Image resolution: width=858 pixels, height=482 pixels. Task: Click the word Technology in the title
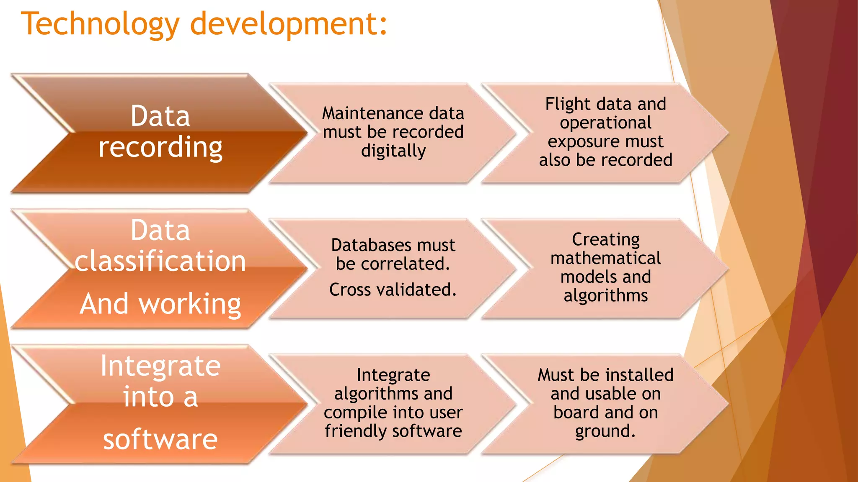tap(101, 24)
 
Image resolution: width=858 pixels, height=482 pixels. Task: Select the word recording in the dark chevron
tap(160, 147)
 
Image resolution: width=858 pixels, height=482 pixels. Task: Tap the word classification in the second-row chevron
tap(160, 262)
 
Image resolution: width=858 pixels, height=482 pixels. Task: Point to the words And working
tap(160, 304)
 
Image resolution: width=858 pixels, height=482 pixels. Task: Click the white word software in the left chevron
tap(160, 439)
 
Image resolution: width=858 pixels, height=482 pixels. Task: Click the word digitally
tap(393, 151)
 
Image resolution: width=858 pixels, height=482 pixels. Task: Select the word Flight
tap(568, 104)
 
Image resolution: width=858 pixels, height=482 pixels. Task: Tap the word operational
tap(605, 123)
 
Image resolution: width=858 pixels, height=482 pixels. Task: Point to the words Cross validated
tap(393, 290)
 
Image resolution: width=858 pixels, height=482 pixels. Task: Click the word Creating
tap(605, 240)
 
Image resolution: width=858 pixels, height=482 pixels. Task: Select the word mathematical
tap(605, 258)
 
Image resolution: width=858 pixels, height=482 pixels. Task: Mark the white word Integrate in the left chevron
tap(160, 366)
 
